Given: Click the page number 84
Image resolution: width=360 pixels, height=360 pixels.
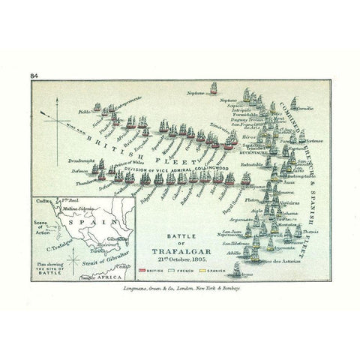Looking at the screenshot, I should coord(34,76).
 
